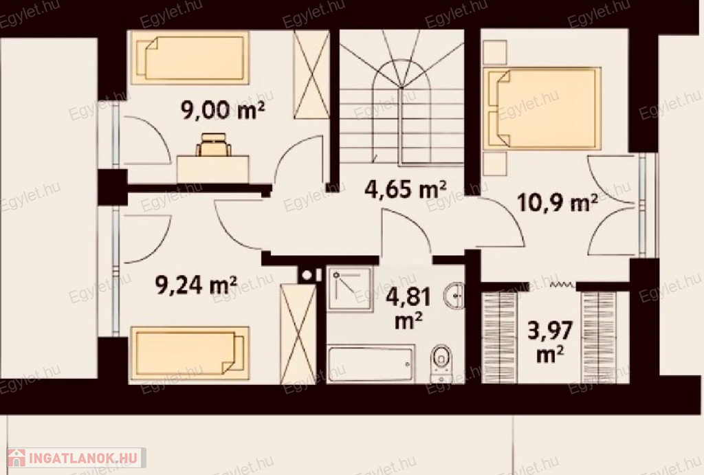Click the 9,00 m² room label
pyautogui.click(x=223, y=110)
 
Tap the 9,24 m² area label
pyautogui.click(x=196, y=285)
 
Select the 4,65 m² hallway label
pyautogui.click(x=406, y=189)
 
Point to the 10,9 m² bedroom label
pyautogui.click(x=557, y=203)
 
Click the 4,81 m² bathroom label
pyautogui.click(x=408, y=309)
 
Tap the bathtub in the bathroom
pyautogui.click(x=371, y=364)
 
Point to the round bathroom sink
pyautogui.click(x=454, y=296)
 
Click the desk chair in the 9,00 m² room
pyautogui.click(x=214, y=144)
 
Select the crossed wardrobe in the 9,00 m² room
pyautogui.click(x=311, y=74)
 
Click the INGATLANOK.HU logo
pyautogui.click(x=76, y=458)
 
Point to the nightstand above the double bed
pyautogui.click(x=495, y=52)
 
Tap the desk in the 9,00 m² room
pyautogui.click(x=213, y=169)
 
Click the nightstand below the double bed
pyautogui.click(x=495, y=164)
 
